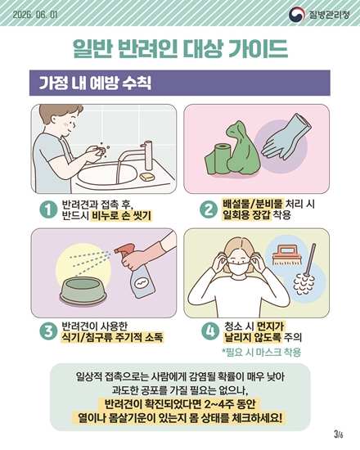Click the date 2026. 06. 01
[35, 15]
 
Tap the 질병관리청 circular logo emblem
[297, 14]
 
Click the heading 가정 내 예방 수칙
[95, 83]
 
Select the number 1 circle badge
[48, 209]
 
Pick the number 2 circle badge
[209, 209]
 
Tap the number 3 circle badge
[48, 331]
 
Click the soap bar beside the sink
[147, 177]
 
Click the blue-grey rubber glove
[286, 137]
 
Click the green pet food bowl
[83, 290]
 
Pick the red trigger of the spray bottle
[124, 250]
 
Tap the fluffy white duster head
[304, 285]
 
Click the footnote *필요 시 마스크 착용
[262, 352]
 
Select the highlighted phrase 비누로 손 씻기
[121, 215]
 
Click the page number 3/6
[339, 434]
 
